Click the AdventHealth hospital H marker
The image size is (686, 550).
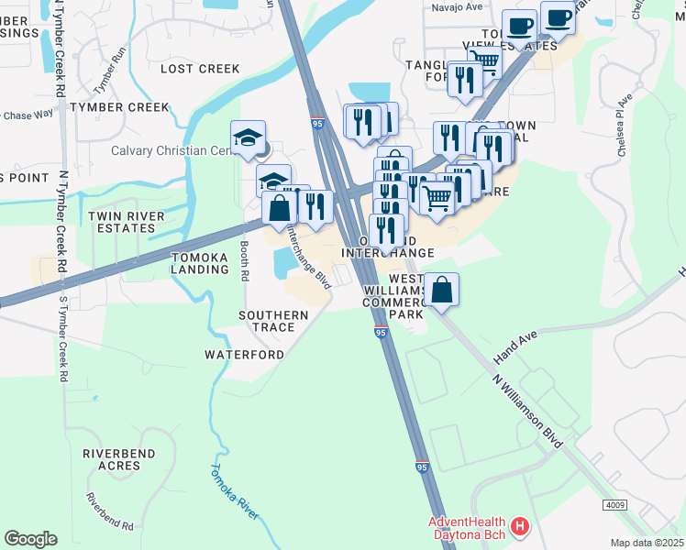click(520, 526)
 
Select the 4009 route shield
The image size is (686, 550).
click(616, 505)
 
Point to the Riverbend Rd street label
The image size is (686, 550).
click(110, 513)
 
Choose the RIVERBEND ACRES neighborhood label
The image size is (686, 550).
click(116, 460)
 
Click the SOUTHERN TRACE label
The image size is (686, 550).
click(267, 321)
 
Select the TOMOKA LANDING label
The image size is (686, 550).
click(199, 263)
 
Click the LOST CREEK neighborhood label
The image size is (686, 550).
click(200, 69)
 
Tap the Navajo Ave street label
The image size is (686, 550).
click(457, 7)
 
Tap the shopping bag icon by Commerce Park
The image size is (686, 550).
click(442, 291)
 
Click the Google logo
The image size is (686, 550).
click(30, 539)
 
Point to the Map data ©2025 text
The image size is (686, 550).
click(647, 543)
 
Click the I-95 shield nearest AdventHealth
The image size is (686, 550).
click(422, 467)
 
